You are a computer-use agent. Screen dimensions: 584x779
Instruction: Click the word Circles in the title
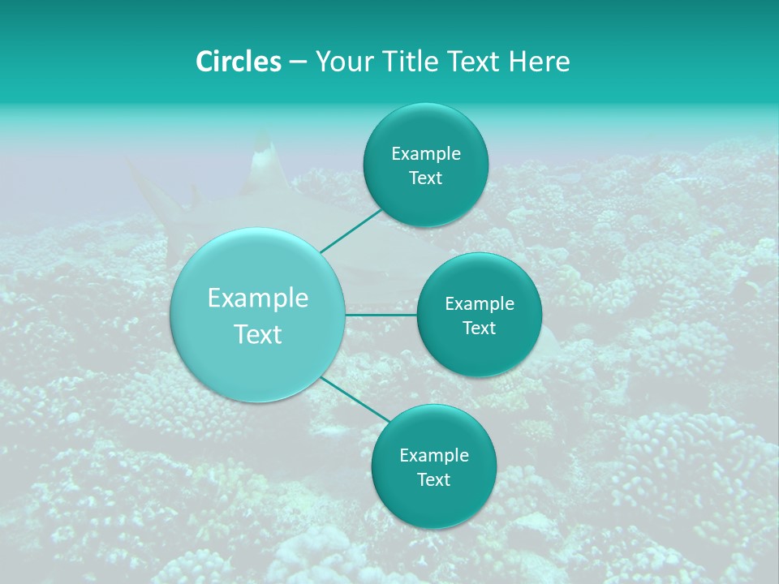pos(238,62)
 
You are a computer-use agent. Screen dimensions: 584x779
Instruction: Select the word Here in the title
pos(540,62)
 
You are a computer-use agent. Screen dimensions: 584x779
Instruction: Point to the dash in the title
pos(298,62)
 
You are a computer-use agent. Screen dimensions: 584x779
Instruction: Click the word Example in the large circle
pos(258,298)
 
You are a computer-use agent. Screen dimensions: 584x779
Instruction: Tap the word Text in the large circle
pos(258,334)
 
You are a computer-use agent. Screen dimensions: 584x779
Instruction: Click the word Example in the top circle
pos(426,154)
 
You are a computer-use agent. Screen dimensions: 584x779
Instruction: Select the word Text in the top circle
pos(426,178)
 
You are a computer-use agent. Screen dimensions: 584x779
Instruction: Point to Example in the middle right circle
pos(480,304)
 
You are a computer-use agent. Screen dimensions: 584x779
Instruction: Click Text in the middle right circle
pos(480,328)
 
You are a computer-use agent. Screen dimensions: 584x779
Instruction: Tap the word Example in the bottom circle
pos(434,456)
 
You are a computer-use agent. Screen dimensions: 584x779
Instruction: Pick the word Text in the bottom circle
pos(434,480)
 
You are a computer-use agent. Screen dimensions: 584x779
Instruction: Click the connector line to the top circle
pos(351,230)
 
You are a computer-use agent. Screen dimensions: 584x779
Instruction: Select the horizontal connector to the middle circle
pos(381,315)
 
